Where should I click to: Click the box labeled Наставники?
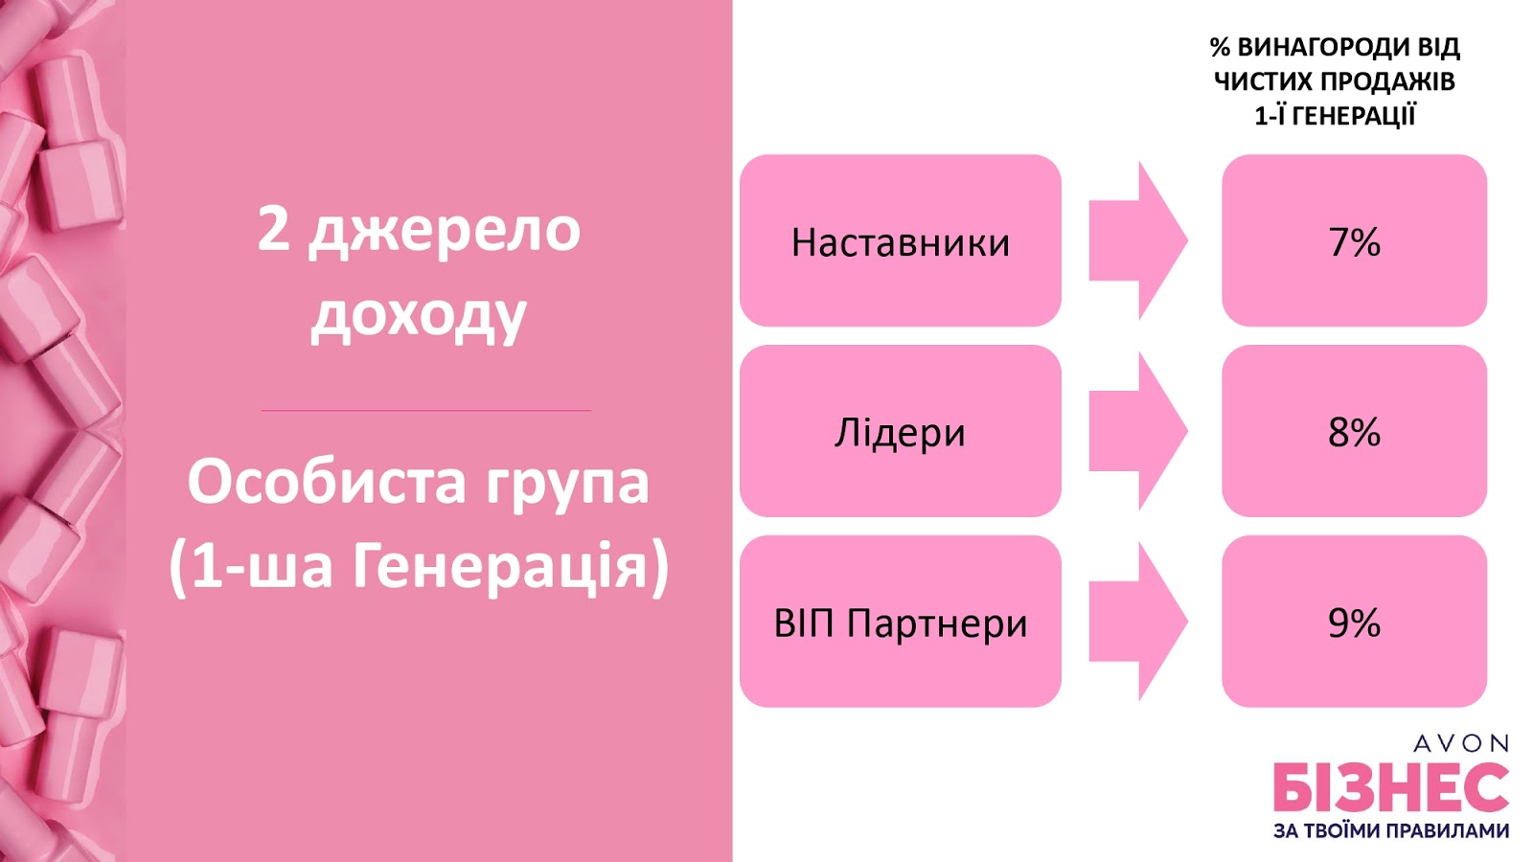901,240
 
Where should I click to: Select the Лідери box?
901,431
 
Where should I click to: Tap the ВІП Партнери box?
901,622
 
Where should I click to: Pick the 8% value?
1355,431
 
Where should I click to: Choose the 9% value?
1355,622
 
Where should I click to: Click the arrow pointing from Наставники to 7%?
1138,240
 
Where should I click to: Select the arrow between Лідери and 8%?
1138,431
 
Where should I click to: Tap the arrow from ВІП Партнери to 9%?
1138,622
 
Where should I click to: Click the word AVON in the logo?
1461,743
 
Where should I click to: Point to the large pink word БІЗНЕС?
1391,786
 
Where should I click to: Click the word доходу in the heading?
419,317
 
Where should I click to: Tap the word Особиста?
327,483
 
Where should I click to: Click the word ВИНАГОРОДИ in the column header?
1315,47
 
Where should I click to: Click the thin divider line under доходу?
426,411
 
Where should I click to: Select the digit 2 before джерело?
273,230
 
